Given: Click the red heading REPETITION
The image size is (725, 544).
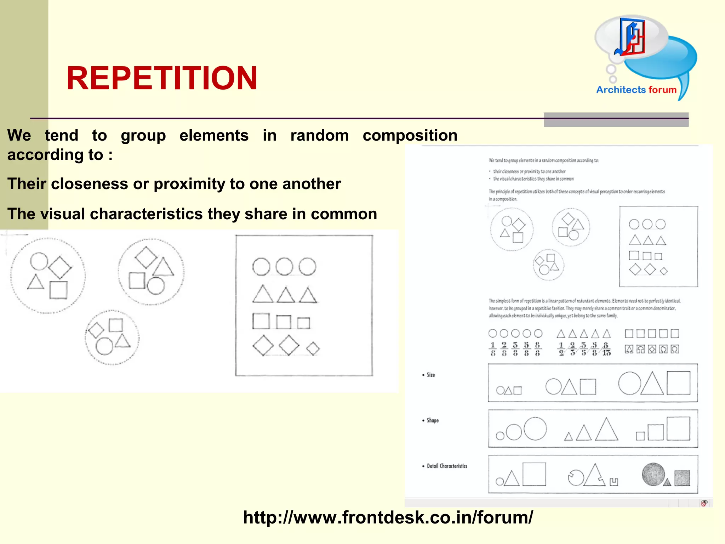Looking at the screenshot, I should click(x=162, y=78).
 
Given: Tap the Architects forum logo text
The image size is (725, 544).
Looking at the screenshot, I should click(x=636, y=90).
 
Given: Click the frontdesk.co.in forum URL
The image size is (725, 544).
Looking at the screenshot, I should click(x=388, y=517).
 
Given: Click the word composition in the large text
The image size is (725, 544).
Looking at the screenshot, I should click(x=410, y=136).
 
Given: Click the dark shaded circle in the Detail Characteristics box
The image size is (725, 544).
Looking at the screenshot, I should click(x=653, y=474).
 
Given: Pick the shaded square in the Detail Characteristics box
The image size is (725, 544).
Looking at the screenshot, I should click(x=682, y=478).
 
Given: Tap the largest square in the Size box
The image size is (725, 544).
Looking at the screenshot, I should click(x=678, y=383).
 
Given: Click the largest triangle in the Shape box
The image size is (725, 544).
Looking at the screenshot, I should click(x=606, y=430).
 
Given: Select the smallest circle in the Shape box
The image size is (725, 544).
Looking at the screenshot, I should click(x=500, y=436).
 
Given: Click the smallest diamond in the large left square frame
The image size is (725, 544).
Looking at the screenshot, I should click(x=313, y=348).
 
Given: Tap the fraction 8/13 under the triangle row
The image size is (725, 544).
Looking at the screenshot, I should click(x=606, y=349).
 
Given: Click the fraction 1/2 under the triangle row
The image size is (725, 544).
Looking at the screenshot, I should click(x=561, y=349).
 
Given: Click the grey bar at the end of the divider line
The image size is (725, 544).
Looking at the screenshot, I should click(x=616, y=120).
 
